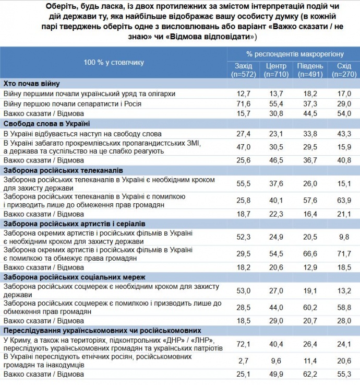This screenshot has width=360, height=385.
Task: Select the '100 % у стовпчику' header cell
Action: tap(114, 63)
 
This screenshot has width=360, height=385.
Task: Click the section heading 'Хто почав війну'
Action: tap(32, 84)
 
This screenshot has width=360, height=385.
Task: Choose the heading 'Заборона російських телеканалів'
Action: tap(63, 170)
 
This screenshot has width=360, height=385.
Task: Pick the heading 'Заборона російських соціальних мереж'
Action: tap(74, 276)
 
